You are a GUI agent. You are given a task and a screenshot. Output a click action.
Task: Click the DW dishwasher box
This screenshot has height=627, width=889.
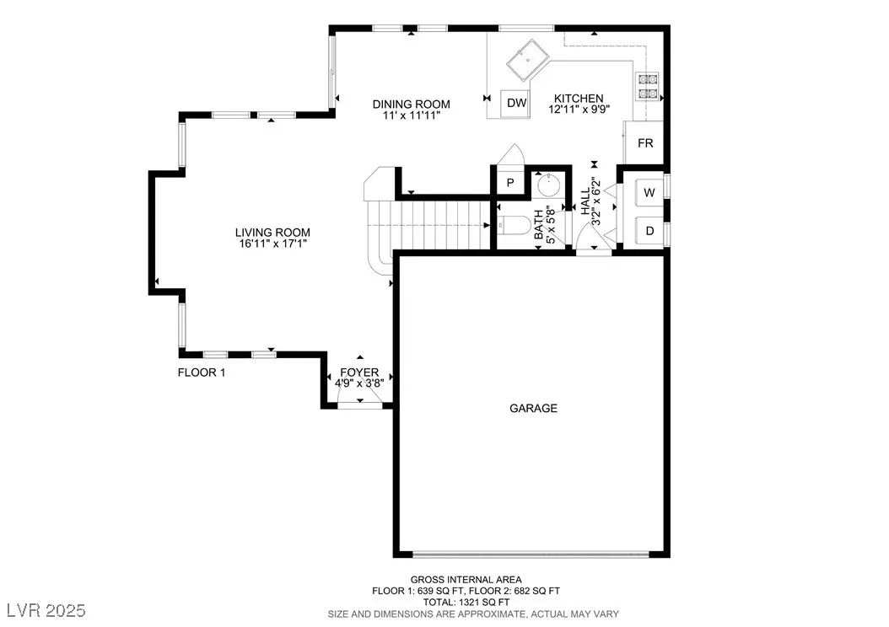515,103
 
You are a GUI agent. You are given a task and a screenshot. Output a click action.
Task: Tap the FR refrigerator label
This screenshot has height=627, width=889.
645,143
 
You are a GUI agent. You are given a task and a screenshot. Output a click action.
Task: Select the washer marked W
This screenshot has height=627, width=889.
649,192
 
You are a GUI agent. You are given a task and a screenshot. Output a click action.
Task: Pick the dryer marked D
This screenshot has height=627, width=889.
649,231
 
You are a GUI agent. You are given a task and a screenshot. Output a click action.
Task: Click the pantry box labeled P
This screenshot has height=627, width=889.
510,182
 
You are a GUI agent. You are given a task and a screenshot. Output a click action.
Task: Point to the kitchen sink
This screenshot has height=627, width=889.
528,60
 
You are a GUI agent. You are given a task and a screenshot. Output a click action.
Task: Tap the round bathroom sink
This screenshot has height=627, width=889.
547,185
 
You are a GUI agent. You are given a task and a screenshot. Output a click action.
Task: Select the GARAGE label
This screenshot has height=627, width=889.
533,408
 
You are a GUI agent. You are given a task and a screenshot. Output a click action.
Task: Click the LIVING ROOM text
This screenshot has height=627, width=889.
272,233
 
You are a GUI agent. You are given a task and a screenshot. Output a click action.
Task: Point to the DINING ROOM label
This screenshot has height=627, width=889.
411,104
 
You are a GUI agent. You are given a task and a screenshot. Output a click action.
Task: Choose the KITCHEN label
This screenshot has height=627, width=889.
579,98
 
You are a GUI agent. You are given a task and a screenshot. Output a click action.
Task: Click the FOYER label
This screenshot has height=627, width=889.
359,372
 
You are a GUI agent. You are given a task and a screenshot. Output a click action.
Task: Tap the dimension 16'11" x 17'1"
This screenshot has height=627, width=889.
272,244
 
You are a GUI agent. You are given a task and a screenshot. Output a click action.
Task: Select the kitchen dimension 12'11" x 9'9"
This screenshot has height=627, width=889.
579,109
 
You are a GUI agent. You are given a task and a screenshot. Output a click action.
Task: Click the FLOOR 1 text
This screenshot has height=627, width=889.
202,372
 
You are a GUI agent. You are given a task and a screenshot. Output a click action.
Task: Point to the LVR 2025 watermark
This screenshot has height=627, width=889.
46,610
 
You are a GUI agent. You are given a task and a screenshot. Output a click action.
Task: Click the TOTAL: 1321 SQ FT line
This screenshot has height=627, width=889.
466,602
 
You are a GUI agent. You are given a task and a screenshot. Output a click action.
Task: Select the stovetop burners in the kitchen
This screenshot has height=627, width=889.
649,86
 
